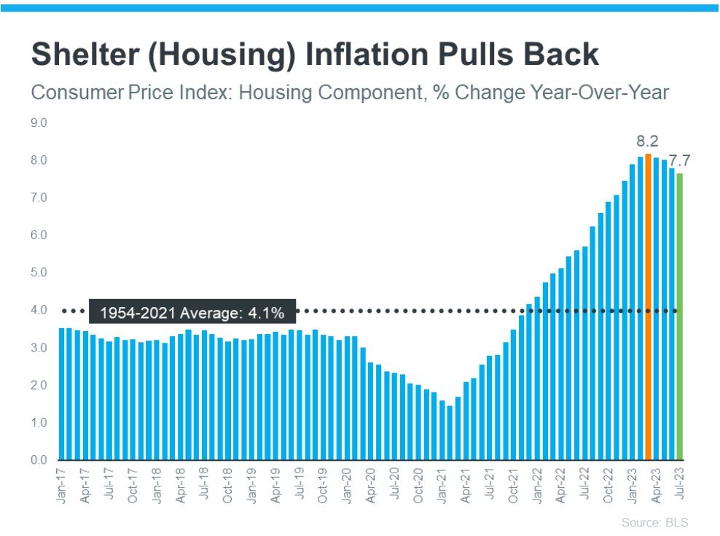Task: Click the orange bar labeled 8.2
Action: [x=648, y=306]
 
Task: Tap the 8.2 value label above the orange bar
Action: [x=647, y=141]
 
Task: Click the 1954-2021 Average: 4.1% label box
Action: [x=192, y=312]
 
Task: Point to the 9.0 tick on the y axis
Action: [x=39, y=123]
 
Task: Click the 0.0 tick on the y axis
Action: [x=39, y=460]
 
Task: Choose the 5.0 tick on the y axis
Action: [x=39, y=273]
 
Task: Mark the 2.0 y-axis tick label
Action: [x=39, y=385]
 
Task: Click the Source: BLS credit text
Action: [x=654, y=522]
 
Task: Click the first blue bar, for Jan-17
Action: [x=62, y=394]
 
